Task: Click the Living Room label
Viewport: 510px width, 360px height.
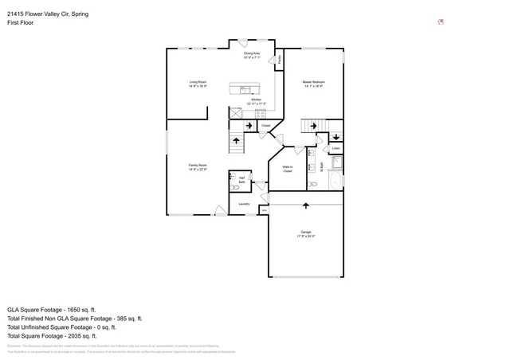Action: click(x=198, y=83)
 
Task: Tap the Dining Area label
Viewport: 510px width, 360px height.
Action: click(x=252, y=54)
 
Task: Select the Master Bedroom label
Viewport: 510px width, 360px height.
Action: click(x=313, y=83)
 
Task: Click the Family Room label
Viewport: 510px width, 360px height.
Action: click(x=198, y=166)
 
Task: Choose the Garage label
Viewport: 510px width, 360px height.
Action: click(x=306, y=233)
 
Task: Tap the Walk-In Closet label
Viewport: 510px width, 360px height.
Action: click(x=288, y=169)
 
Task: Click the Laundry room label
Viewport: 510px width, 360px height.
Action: click(x=244, y=204)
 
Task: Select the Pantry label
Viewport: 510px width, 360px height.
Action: click(x=279, y=59)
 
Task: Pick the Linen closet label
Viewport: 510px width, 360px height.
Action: click(x=335, y=149)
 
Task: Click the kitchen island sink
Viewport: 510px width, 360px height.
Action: click(x=245, y=89)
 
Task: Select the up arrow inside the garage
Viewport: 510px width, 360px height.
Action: click(x=306, y=205)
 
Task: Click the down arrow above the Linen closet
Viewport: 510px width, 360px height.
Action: click(x=335, y=137)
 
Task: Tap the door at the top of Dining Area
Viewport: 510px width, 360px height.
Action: click(x=243, y=43)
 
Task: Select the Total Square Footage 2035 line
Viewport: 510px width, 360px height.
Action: click(x=52, y=335)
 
